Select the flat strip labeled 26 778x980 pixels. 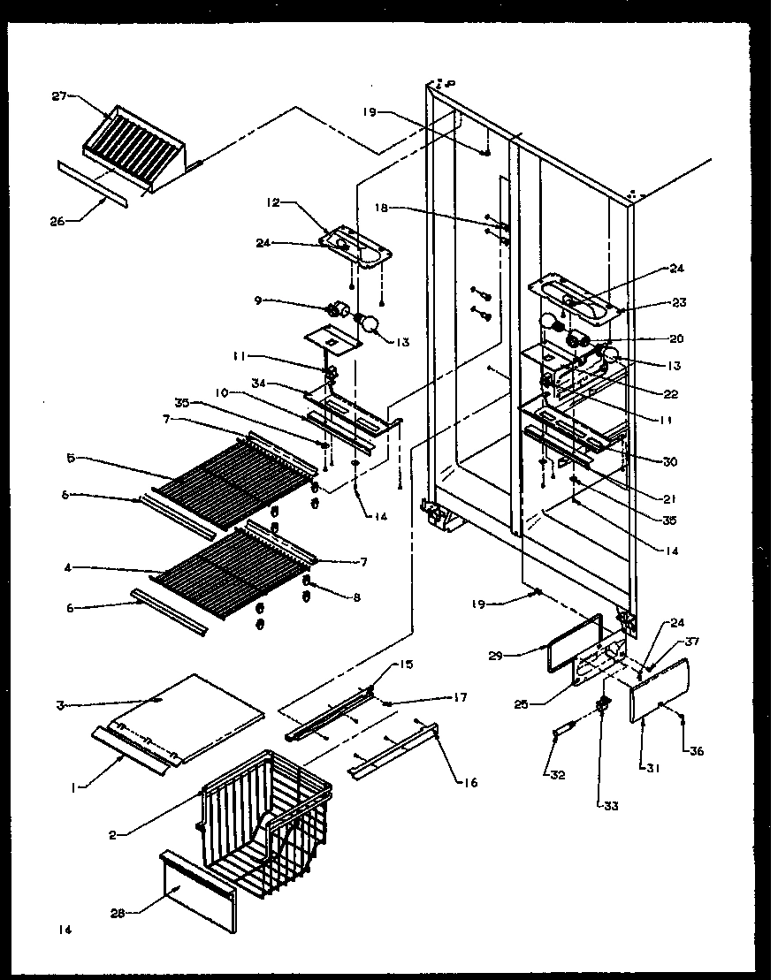click(92, 184)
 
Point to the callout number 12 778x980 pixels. click(271, 202)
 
